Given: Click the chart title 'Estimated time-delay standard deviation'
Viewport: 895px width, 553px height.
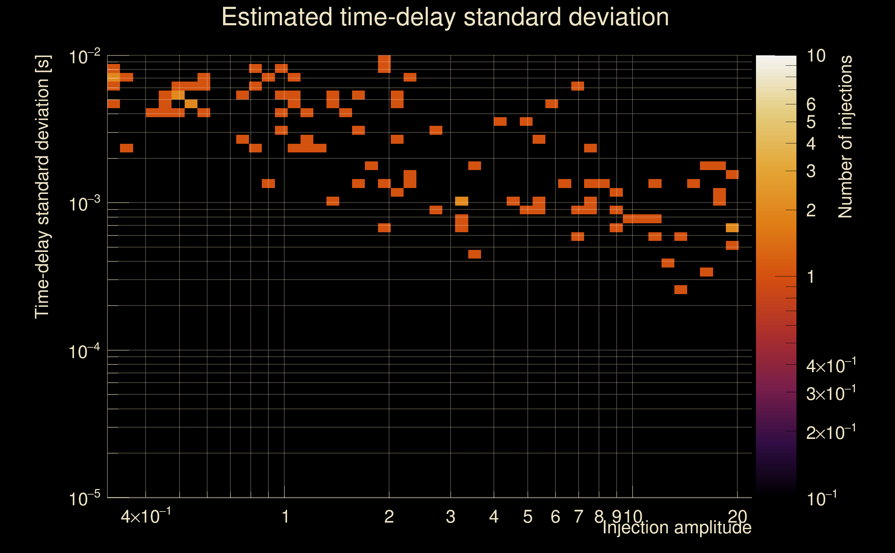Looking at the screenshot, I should click(445, 17).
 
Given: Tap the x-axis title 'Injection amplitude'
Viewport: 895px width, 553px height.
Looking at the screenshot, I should click(676, 527).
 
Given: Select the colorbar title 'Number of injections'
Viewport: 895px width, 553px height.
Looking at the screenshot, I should click(845, 137).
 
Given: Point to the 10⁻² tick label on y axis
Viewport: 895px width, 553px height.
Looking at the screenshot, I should click(84, 57).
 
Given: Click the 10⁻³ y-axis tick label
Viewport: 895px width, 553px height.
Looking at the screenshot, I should click(84, 204).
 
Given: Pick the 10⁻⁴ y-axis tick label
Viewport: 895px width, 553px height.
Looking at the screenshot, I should click(84, 352).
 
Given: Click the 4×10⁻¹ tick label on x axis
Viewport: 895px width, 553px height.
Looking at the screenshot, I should click(146, 516).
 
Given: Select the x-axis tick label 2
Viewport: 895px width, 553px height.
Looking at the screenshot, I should click(389, 517).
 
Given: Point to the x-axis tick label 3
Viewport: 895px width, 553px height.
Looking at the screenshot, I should click(450, 517).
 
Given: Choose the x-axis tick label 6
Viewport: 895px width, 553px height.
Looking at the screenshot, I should click(555, 517).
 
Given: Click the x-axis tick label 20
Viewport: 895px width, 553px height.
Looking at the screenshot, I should click(737, 517).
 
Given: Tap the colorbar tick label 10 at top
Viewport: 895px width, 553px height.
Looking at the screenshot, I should click(815, 56).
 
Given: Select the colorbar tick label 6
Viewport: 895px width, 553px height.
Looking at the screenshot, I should click(811, 105).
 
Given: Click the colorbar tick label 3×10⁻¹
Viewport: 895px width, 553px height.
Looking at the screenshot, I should click(831, 394).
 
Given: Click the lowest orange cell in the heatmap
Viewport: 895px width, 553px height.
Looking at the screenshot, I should click(681, 290).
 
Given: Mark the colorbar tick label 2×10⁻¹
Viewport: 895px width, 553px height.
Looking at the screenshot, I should click(831, 433).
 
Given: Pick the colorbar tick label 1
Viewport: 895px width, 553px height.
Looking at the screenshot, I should click(811, 277).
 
